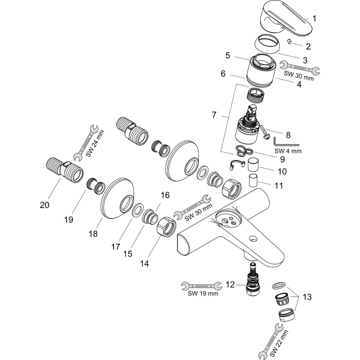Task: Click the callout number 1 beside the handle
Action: (314, 19)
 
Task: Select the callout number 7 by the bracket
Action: (214, 115)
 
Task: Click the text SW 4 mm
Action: (288, 151)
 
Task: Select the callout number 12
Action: (230, 285)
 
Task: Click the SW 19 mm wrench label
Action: (203, 293)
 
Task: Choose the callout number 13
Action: (307, 297)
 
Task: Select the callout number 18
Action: (93, 233)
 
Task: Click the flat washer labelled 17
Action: (137, 210)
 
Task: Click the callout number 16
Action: (165, 195)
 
